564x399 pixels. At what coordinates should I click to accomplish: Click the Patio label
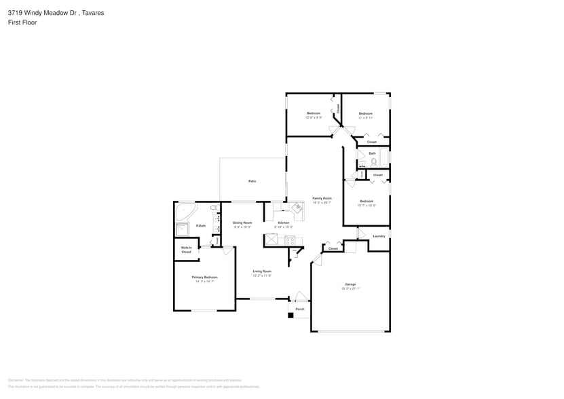pos(252,181)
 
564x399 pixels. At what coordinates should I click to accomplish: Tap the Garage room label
pos(350,284)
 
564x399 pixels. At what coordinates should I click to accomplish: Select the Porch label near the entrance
pos(299,309)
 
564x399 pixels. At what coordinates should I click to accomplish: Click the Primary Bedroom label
pos(204,277)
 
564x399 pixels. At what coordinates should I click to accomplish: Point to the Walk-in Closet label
pos(186,250)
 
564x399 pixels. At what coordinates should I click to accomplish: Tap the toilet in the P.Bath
pos(214,208)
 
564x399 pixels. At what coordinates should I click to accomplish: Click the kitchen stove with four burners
pos(290,240)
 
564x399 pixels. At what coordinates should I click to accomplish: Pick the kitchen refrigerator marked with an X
pos(271,240)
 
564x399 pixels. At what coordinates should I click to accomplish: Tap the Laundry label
pos(379,236)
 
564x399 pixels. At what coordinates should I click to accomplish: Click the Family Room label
pos(322,198)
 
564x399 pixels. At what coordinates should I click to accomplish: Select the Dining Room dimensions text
pos(242,227)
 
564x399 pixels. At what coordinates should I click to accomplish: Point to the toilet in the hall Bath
pos(373,162)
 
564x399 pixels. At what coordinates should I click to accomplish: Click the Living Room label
pos(262,271)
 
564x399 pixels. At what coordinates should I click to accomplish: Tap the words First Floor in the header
pos(22,22)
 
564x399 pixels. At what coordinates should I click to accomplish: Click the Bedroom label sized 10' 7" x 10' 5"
pos(366,201)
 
